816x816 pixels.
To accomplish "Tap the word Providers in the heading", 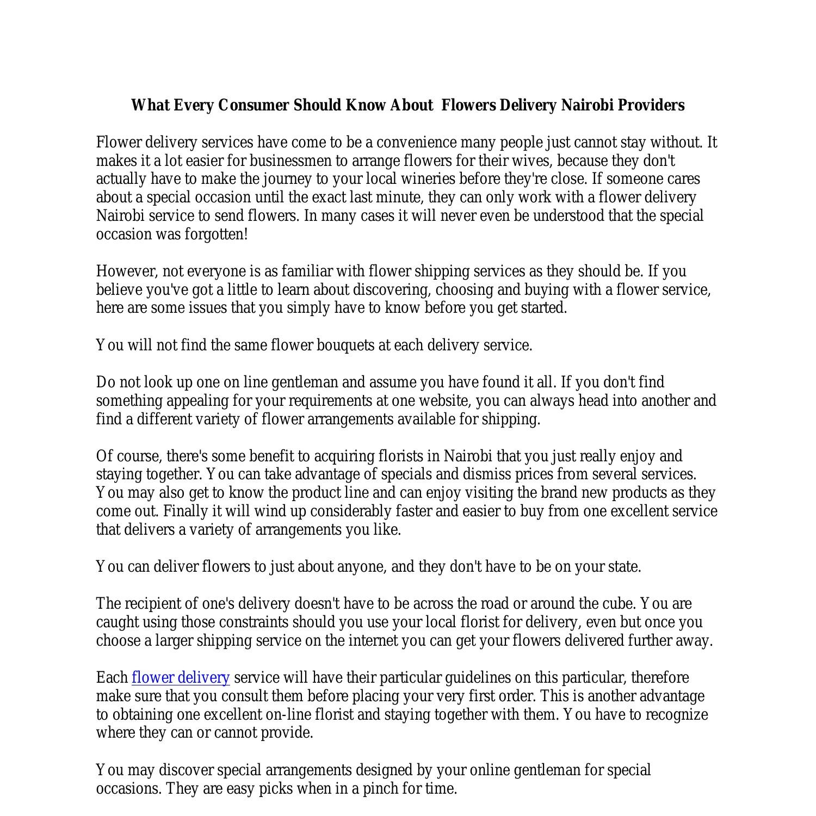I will click(652, 105).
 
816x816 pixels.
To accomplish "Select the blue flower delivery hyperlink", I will click(181, 678).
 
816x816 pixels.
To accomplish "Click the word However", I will click(127, 271).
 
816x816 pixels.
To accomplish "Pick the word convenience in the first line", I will click(417, 143).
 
